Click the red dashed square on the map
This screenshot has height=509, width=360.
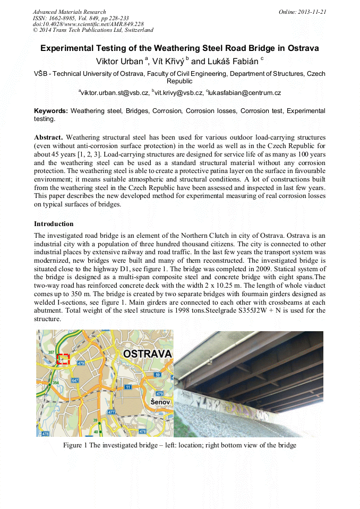63,359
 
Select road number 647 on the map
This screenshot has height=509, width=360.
75,381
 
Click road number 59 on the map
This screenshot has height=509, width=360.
157,375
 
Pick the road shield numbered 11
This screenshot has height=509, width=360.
128,387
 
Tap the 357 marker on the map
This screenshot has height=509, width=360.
51,352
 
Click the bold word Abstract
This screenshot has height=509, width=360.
48,137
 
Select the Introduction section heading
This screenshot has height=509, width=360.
54,224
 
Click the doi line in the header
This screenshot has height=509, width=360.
88,24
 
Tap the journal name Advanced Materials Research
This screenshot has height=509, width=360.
69,12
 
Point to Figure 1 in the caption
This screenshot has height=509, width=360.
75,445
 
